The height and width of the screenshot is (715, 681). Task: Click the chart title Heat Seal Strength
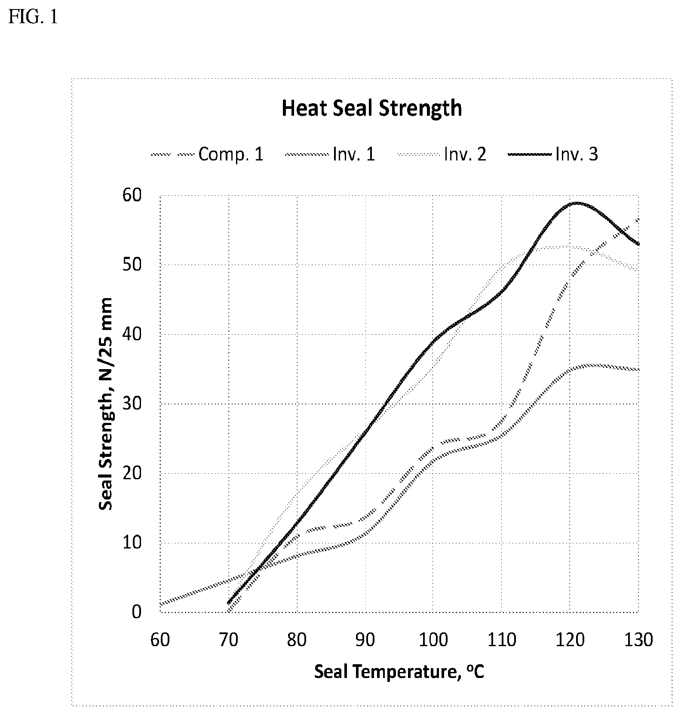[x=372, y=108]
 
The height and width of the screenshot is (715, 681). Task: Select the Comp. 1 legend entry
[x=207, y=154]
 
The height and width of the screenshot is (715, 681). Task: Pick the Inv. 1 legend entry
[x=330, y=154]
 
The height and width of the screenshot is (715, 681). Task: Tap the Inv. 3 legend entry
[x=553, y=154]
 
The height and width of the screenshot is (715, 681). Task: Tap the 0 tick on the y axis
[x=136, y=612]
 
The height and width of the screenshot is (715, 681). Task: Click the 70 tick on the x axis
[x=228, y=640]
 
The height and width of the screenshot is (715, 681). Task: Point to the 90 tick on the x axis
[x=365, y=640]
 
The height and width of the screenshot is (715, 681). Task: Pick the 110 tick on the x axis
[x=502, y=640]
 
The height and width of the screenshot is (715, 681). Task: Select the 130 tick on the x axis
[x=638, y=640]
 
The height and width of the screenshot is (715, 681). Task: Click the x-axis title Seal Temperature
[x=399, y=671]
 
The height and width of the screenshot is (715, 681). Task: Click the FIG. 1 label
[x=33, y=18]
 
